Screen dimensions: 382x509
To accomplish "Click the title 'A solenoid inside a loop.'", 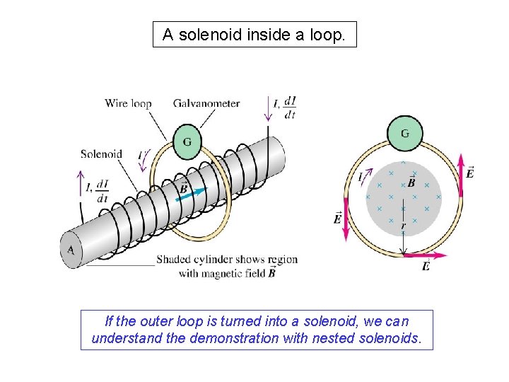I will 255,34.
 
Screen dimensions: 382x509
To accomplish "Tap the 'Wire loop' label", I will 128,103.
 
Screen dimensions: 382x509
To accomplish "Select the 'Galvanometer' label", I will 206,103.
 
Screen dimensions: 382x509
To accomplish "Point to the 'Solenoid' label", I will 101,154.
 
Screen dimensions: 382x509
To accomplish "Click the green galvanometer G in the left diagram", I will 187,141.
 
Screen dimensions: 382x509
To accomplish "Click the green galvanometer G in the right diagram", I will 404,134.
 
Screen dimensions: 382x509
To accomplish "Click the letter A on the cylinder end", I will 71,250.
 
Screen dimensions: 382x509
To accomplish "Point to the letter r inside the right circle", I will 403,226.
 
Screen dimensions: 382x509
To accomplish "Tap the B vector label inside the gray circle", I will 411,182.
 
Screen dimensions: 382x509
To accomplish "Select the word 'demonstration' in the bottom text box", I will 238,337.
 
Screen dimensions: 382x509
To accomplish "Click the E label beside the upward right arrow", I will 471,173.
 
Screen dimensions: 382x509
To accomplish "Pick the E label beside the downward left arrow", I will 337,219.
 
